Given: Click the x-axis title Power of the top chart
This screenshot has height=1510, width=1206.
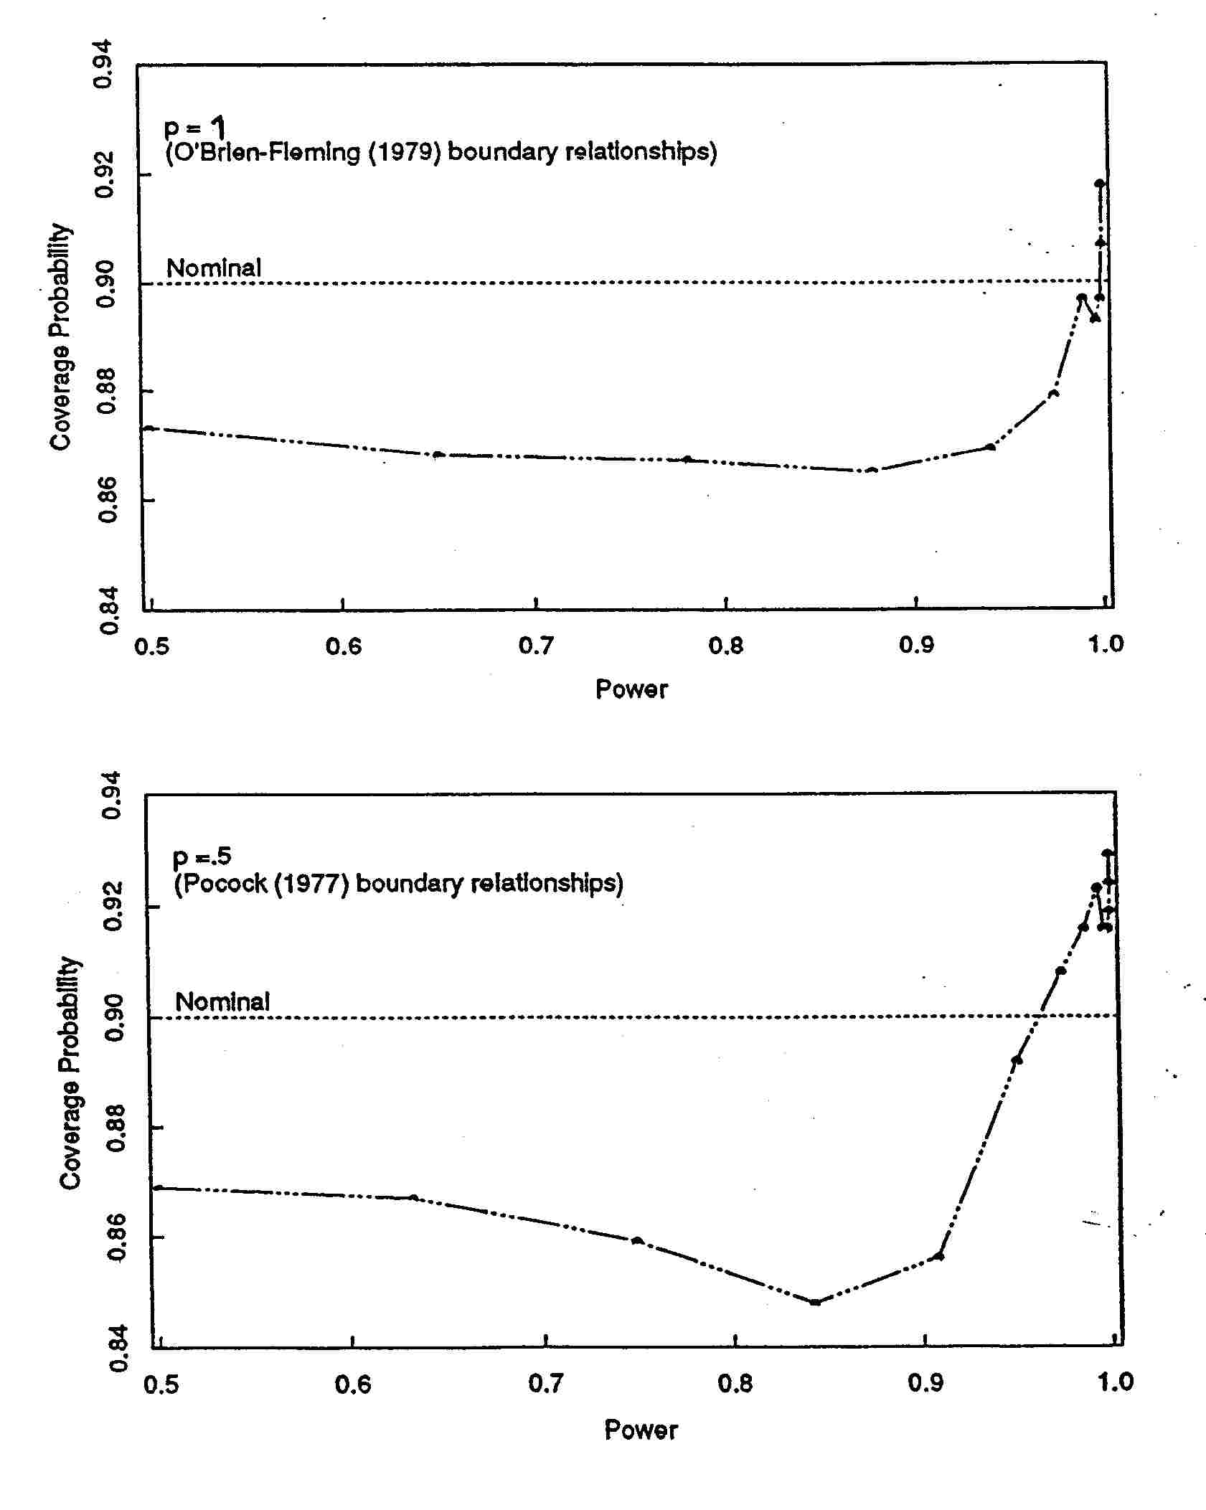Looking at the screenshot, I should (631, 689).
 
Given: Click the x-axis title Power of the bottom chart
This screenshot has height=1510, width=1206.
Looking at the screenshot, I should (641, 1430).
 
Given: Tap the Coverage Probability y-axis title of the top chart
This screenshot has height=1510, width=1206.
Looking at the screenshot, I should (60, 337).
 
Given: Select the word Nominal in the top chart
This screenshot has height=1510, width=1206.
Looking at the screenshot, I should (214, 268).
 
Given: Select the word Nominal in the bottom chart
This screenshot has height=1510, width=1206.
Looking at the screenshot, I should (222, 1001).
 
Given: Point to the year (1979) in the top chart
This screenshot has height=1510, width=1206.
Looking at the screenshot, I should (405, 152).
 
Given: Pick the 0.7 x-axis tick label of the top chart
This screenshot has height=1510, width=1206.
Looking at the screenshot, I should (536, 646).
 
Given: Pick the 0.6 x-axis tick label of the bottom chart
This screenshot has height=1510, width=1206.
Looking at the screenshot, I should (353, 1383).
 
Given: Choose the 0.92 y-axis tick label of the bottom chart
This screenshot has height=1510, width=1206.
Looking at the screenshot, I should (115, 907).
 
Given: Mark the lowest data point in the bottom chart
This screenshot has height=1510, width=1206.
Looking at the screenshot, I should (815, 1301).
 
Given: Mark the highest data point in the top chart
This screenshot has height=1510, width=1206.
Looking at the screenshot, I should (1099, 184).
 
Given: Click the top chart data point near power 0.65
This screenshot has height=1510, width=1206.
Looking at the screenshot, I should (438, 454).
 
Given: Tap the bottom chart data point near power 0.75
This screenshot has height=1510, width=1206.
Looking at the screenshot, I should (636, 1240).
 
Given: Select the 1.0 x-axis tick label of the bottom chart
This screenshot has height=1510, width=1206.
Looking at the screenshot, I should (1115, 1382).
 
